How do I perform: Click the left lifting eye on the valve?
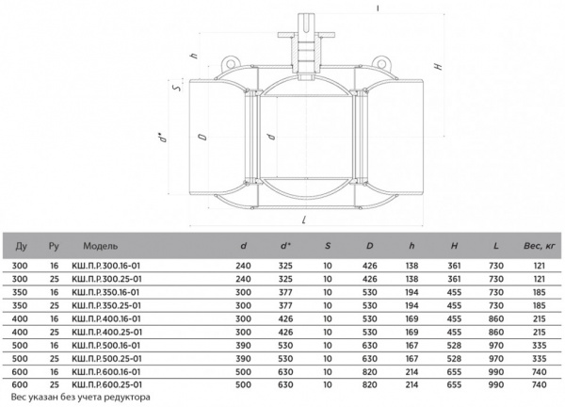click(229, 62)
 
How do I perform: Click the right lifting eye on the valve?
click(381, 62)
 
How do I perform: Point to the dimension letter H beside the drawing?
click(438, 66)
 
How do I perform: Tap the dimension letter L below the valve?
click(305, 220)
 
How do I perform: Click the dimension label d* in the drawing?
click(164, 138)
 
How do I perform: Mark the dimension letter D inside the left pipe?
click(203, 137)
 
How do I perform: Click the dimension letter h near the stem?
click(194, 56)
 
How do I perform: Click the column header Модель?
click(100, 246)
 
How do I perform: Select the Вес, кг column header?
click(539, 246)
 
